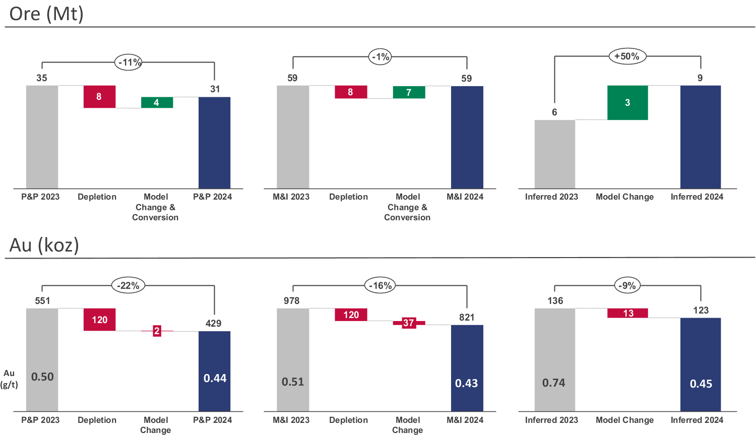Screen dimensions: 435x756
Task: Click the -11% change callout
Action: (x=129, y=63)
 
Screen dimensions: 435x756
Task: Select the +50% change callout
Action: (x=626, y=56)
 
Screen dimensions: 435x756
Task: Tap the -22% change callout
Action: (x=128, y=286)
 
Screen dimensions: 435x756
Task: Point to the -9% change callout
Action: (x=627, y=286)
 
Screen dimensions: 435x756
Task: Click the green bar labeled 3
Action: (x=627, y=103)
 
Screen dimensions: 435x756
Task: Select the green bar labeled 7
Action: (x=409, y=92)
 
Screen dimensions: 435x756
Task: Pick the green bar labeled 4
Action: (x=157, y=103)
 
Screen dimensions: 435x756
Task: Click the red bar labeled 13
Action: (x=627, y=313)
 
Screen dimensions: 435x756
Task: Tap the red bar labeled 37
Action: (x=409, y=323)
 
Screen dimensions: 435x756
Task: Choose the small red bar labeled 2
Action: (x=157, y=331)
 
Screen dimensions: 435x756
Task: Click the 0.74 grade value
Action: (x=553, y=383)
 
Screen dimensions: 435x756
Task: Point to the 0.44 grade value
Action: (x=215, y=379)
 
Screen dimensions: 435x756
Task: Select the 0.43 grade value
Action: (x=466, y=384)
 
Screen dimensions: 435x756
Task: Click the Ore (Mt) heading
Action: (x=46, y=14)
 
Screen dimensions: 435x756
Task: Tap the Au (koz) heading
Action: (x=44, y=245)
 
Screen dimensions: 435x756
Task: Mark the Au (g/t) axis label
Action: (x=9, y=379)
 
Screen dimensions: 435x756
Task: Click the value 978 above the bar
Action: (x=291, y=301)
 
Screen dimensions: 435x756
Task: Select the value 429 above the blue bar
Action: (x=213, y=324)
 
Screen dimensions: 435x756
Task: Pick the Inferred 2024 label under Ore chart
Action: (x=697, y=197)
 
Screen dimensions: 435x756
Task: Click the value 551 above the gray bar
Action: (x=42, y=301)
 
